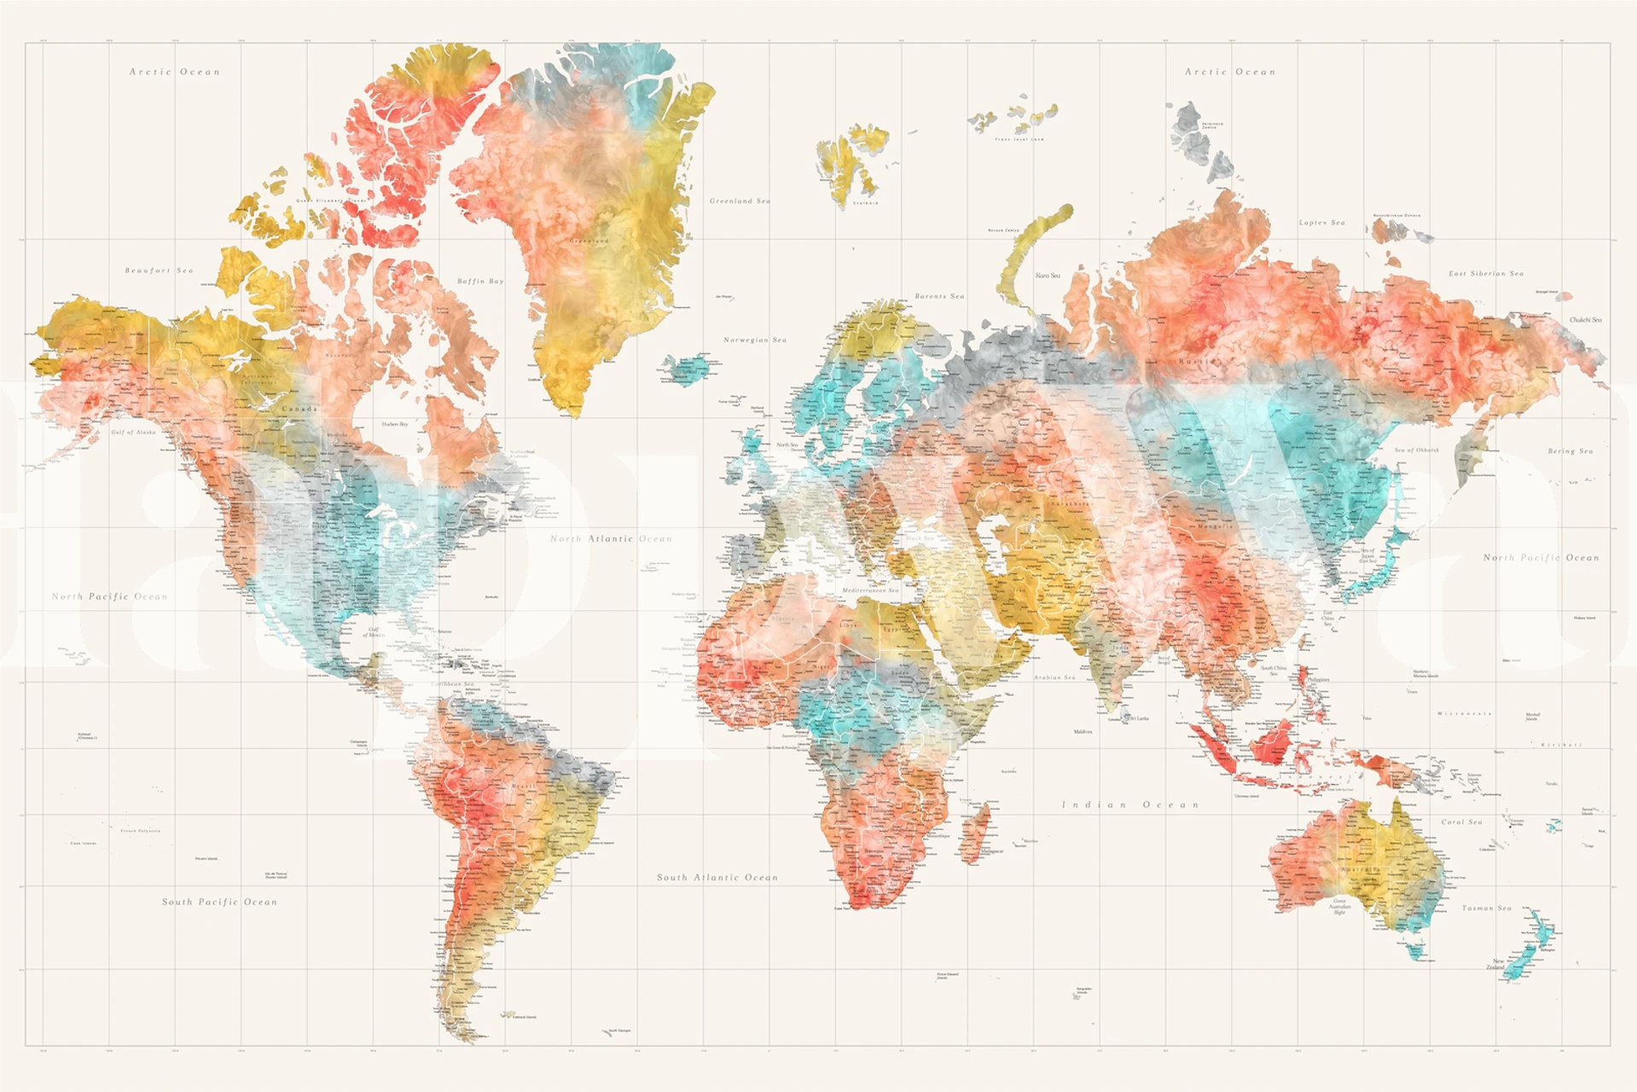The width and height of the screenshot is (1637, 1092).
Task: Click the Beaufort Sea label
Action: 160,270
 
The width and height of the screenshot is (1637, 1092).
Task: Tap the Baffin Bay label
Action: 480,281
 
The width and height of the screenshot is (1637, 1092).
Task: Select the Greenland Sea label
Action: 740,201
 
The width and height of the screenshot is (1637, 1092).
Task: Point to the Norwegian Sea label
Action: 755,340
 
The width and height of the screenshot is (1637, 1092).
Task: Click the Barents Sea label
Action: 939,296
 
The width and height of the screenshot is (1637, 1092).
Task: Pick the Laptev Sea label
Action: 1321,223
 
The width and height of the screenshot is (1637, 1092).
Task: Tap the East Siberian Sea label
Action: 1486,274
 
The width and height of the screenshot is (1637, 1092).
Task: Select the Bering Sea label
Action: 1570,451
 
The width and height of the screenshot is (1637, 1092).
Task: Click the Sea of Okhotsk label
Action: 1416,450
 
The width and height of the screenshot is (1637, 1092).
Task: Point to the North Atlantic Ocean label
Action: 611,539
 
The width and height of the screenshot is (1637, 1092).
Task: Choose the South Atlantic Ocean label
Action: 717,877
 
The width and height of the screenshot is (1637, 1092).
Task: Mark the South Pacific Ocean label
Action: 220,902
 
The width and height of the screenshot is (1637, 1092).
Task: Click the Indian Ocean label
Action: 1130,804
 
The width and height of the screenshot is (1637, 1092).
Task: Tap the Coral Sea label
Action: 1462,822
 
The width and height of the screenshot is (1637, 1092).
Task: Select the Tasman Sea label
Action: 1487,908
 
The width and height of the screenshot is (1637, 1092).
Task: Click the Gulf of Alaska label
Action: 134,433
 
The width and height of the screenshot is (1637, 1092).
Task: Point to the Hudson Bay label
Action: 395,424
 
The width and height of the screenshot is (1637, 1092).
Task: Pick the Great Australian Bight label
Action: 1340,906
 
